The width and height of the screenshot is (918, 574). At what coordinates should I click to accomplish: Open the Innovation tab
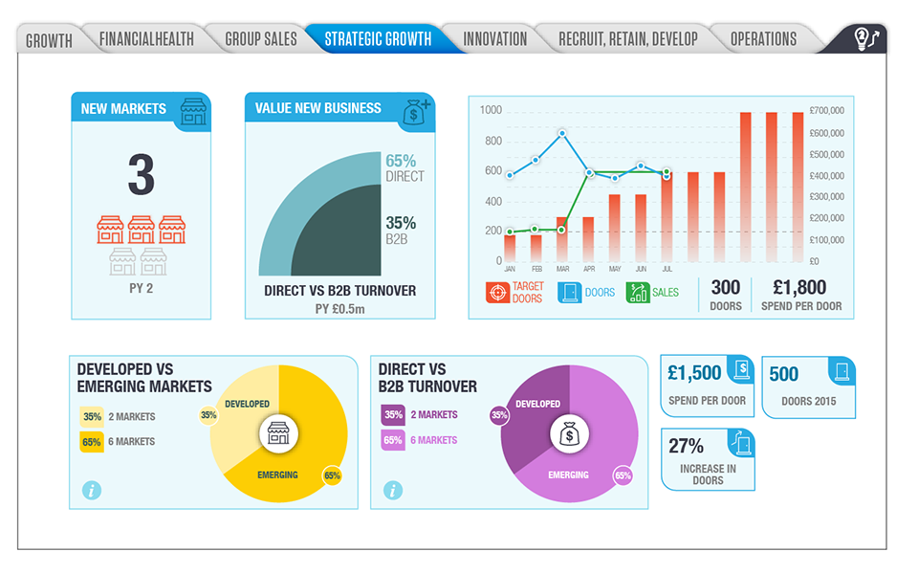494,39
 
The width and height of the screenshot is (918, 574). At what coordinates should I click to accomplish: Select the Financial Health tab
146,39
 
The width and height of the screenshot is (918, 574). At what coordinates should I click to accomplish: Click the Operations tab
763,39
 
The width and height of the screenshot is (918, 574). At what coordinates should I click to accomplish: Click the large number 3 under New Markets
141,175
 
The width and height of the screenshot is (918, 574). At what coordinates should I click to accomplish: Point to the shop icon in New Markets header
194,111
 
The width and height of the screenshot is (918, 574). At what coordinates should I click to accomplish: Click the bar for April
588,238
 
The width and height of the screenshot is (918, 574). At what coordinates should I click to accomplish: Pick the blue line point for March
562,134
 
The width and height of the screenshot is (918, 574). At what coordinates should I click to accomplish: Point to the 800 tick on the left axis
492,142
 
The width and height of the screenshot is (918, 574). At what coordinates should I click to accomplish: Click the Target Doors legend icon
497,292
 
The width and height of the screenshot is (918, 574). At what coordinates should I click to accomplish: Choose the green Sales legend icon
638,292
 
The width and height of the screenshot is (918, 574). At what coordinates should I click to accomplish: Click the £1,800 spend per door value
800,287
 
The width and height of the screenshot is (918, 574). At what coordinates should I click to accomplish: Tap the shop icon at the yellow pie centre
278,434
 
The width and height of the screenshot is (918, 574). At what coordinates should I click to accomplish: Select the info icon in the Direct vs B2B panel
392,490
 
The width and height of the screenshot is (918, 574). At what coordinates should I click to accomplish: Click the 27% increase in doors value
687,446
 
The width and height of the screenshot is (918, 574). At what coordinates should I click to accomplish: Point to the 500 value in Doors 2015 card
783,374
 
